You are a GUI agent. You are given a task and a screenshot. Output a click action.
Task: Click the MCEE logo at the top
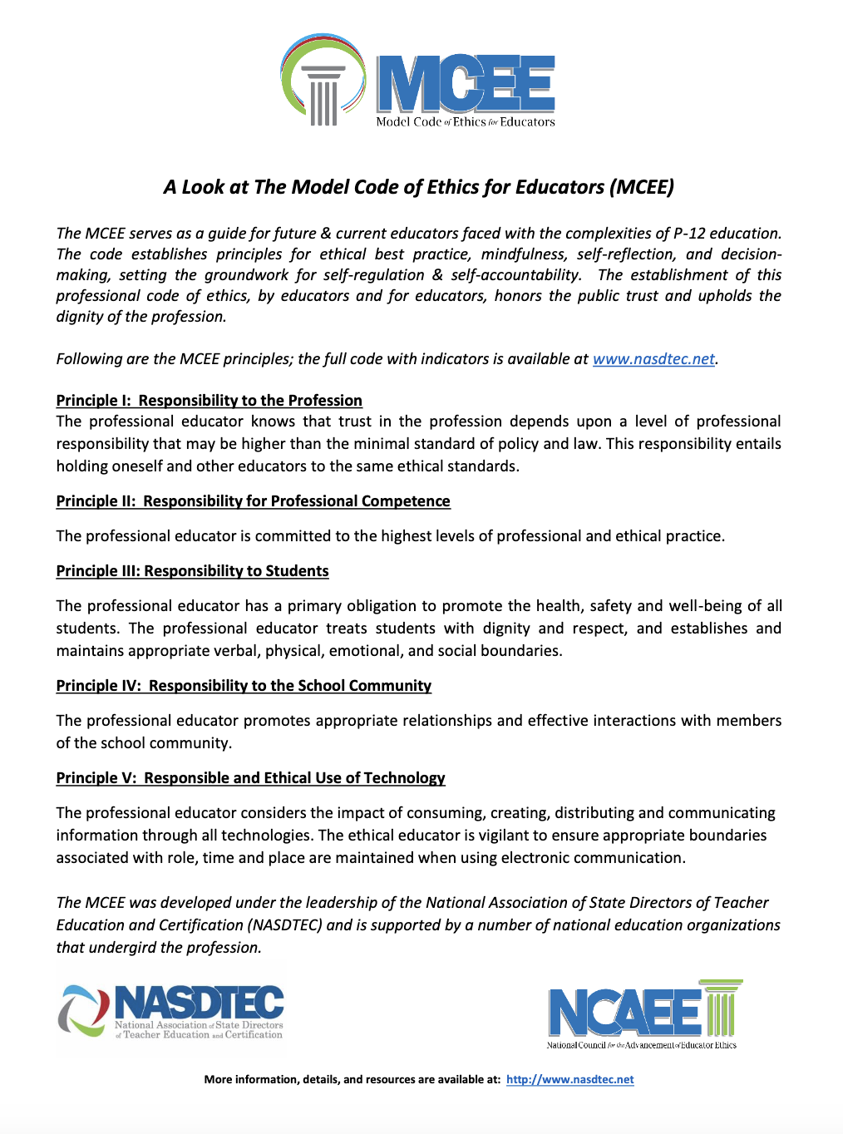pos(418,81)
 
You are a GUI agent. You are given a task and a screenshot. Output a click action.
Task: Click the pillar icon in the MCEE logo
pos(323,95)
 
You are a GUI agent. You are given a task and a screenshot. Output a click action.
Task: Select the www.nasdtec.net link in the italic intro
pos(653,359)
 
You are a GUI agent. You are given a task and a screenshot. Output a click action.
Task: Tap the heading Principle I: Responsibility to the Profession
pos(209,401)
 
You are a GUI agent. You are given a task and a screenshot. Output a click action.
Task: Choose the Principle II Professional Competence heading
pos(253,501)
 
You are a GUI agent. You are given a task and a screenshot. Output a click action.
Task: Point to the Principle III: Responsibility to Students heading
pos(192,571)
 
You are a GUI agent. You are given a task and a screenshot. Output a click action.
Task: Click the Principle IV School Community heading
pos(244,686)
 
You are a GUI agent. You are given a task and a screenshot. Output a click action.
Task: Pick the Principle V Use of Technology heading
pos(250,778)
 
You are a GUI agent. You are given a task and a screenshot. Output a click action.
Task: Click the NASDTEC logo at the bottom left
pos(171,1011)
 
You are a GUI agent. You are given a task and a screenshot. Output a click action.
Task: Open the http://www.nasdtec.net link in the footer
pos(569,1080)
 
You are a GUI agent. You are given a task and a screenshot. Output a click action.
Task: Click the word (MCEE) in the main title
pos(641,187)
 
